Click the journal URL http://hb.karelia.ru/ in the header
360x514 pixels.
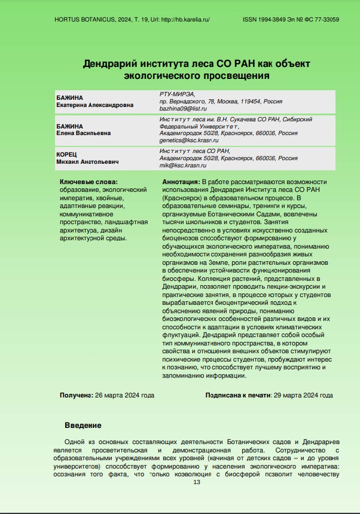click(188, 19)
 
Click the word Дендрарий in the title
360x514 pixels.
click(108, 63)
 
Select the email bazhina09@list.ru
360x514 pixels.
click(179, 110)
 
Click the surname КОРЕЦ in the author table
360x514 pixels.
click(66, 154)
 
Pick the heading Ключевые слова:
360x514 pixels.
click(89, 182)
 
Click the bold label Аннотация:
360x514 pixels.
click(181, 182)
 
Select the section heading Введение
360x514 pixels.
click(83, 425)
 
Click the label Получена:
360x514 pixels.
click(76, 395)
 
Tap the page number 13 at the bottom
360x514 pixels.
click(197, 482)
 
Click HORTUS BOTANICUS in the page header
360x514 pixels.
click(79, 19)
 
